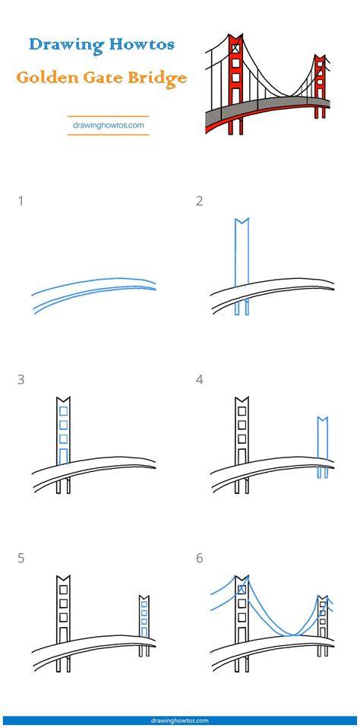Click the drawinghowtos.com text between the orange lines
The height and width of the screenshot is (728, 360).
(x=108, y=125)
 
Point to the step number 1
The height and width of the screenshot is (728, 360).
(x=21, y=201)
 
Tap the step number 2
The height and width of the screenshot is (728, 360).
(x=200, y=201)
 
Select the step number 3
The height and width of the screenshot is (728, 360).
(x=21, y=380)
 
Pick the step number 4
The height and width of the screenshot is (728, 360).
(x=200, y=380)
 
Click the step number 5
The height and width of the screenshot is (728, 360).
(x=21, y=558)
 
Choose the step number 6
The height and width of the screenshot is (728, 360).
(x=200, y=558)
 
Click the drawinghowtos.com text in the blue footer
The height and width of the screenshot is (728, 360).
(x=180, y=721)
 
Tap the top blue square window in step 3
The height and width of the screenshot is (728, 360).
(x=64, y=411)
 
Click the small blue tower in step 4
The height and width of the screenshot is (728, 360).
(x=323, y=448)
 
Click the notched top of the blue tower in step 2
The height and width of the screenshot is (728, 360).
(x=242, y=222)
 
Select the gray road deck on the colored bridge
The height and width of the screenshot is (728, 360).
(x=267, y=108)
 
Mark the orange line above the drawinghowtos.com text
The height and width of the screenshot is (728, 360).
(x=108, y=116)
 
